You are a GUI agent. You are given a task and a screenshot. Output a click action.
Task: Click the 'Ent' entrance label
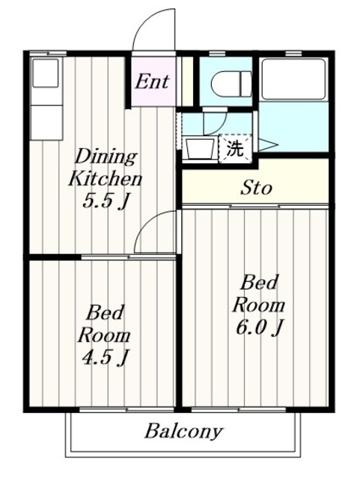pyautogui.click(x=152, y=81)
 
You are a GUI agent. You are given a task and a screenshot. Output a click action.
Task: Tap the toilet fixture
pyautogui.click(x=231, y=85)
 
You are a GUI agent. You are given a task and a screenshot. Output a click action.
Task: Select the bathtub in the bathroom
pyautogui.click(x=293, y=79)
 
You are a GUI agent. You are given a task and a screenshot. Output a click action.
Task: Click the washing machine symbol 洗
pyautogui.click(x=234, y=147)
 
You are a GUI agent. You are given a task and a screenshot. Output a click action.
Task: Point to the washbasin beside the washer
pyautogui.click(x=199, y=147)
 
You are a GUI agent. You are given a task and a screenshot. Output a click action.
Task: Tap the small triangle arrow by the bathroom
pyautogui.click(x=267, y=144)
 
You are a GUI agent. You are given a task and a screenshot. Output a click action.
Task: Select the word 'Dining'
pyautogui.click(x=105, y=157)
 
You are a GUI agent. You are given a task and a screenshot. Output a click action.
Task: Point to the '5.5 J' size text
pyautogui.click(x=105, y=201)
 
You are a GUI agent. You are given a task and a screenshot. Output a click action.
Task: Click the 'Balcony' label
pyautogui.click(x=183, y=432)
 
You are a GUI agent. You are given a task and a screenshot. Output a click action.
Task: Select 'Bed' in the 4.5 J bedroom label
pyautogui.click(x=105, y=312)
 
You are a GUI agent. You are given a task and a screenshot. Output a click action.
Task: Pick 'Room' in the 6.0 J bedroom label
pyautogui.click(x=258, y=305)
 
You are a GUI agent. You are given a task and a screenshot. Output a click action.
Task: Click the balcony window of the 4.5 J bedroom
pyautogui.click(x=105, y=409)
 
